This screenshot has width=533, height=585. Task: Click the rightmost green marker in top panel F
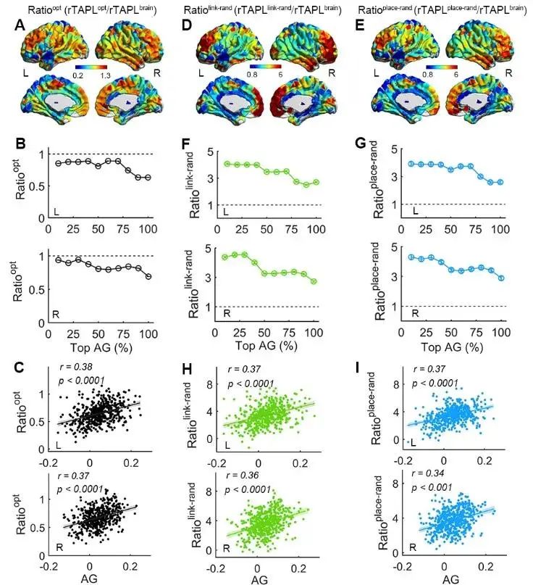[316, 182]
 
